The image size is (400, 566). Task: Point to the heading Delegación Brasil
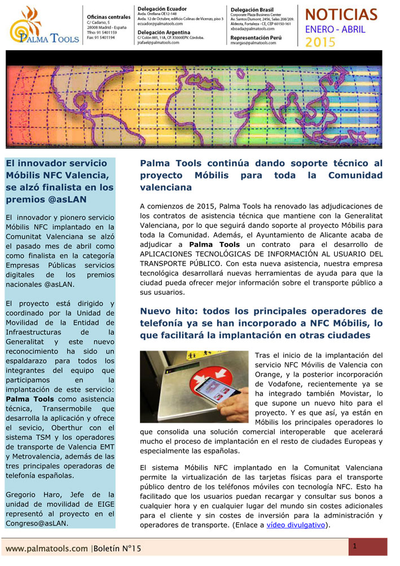pos(254,10)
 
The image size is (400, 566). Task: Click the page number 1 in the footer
pos(355,546)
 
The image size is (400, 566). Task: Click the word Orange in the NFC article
pos(269,374)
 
